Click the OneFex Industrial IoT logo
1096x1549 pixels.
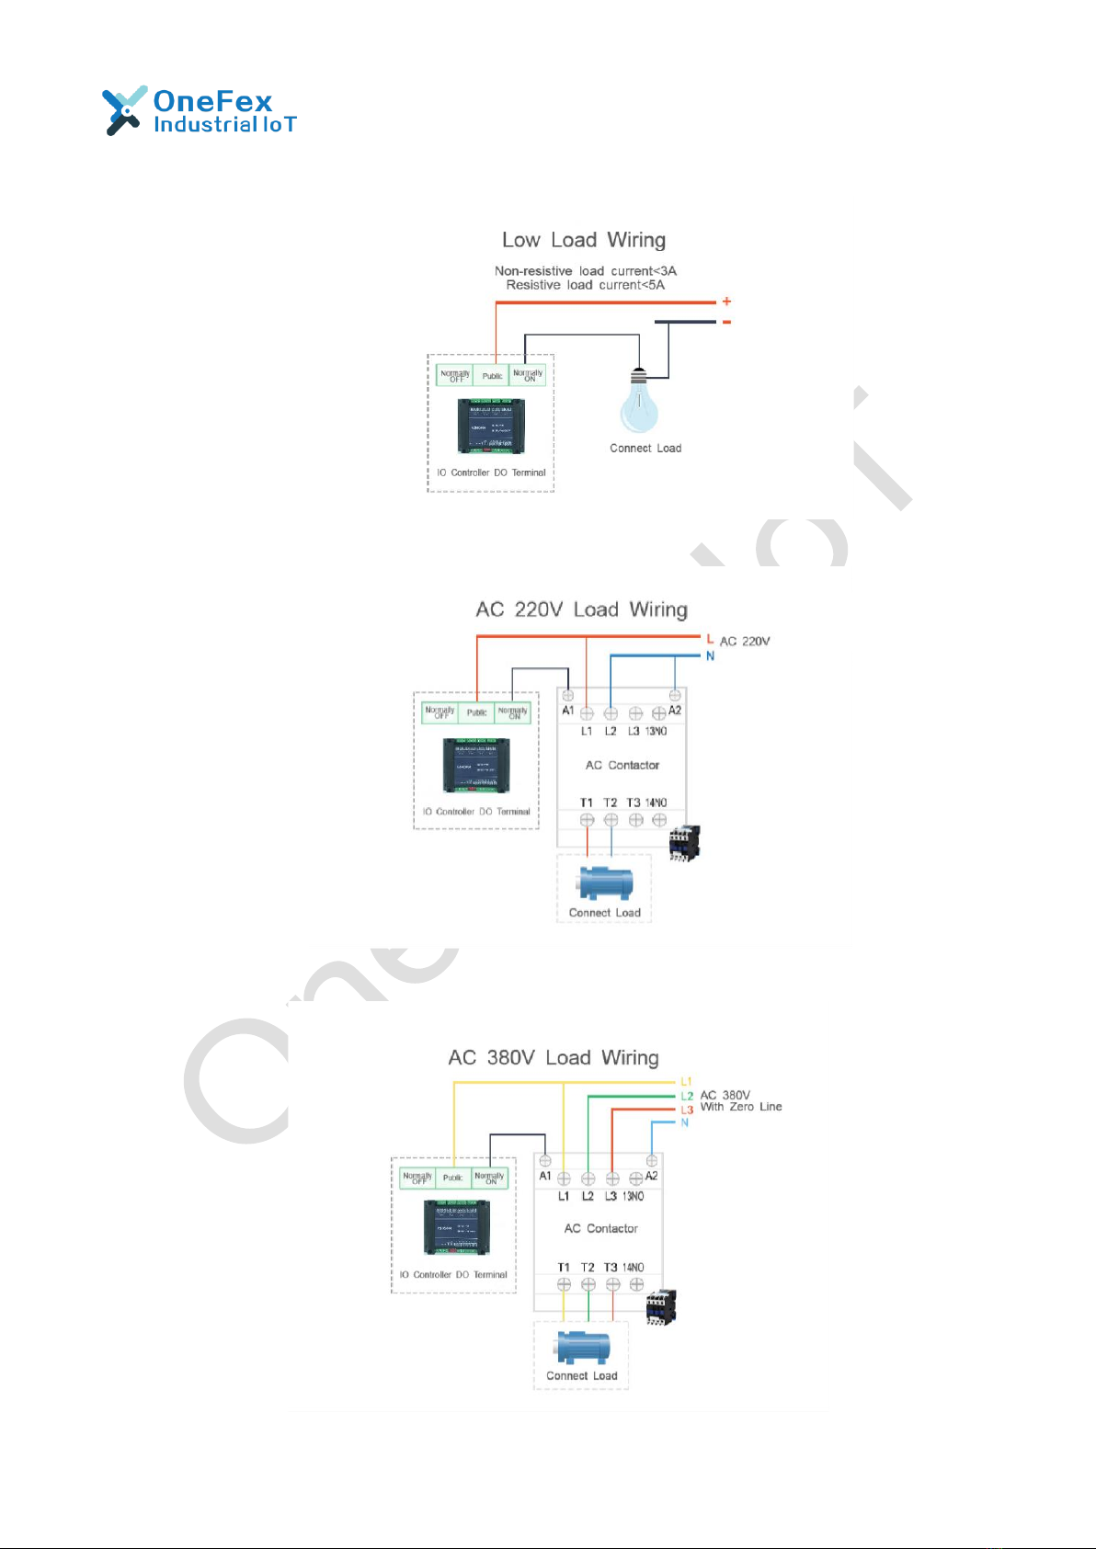point(199,111)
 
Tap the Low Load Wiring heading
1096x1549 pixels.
point(584,240)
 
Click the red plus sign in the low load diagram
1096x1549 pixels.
point(726,302)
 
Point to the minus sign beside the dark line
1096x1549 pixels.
point(726,322)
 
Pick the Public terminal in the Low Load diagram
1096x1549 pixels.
point(492,375)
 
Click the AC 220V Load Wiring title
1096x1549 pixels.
point(581,609)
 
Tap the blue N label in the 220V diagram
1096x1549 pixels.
point(710,655)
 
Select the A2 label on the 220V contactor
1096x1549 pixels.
point(675,711)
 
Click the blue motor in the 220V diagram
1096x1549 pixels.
point(604,883)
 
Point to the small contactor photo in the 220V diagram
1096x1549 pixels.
point(684,842)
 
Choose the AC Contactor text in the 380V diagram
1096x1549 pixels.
point(600,1228)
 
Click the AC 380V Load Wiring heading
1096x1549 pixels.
point(554,1057)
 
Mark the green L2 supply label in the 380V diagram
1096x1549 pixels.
point(687,1096)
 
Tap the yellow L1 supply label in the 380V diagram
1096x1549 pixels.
point(686,1082)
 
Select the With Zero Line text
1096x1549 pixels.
point(741,1107)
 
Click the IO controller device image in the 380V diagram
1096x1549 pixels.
point(456,1227)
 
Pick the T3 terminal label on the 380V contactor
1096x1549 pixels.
point(611,1268)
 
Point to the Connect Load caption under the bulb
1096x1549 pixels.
point(645,449)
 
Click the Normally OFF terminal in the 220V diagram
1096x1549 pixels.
point(440,712)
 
